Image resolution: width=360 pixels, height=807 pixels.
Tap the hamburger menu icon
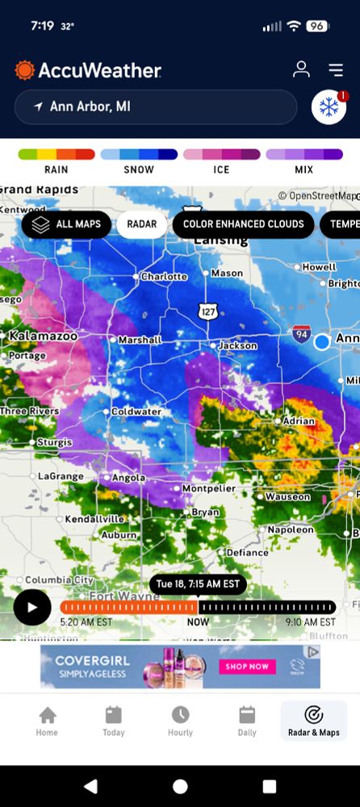(x=336, y=70)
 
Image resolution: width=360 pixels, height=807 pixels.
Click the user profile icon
(x=301, y=69)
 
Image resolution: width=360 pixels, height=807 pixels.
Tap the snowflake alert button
(x=329, y=107)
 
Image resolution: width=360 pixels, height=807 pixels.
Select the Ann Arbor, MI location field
(x=156, y=107)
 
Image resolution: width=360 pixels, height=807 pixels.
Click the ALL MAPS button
(x=66, y=224)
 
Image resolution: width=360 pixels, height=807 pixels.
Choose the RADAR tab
(x=141, y=224)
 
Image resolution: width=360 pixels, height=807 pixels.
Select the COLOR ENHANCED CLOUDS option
(x=243, y=224)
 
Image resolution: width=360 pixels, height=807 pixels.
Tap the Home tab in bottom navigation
(x=47, y=721)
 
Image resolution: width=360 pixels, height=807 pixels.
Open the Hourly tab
(x=180, y=721)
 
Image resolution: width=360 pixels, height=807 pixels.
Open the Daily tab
(x=247, y=721)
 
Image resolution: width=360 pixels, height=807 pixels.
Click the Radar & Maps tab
(x=313, y=721)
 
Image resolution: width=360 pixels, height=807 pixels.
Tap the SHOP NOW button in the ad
(x=247, y=667)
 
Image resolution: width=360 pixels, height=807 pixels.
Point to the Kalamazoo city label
(x=43, y=334)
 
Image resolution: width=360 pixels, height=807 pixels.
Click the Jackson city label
(x=238, y=345)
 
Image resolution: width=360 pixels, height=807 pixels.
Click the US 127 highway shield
(x=207, y=311)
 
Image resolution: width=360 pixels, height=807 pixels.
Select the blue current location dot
(x=322, y=341)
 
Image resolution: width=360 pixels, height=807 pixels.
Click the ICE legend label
(x=221, y=169)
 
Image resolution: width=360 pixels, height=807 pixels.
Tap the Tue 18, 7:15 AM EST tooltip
(x=198, y=583)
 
